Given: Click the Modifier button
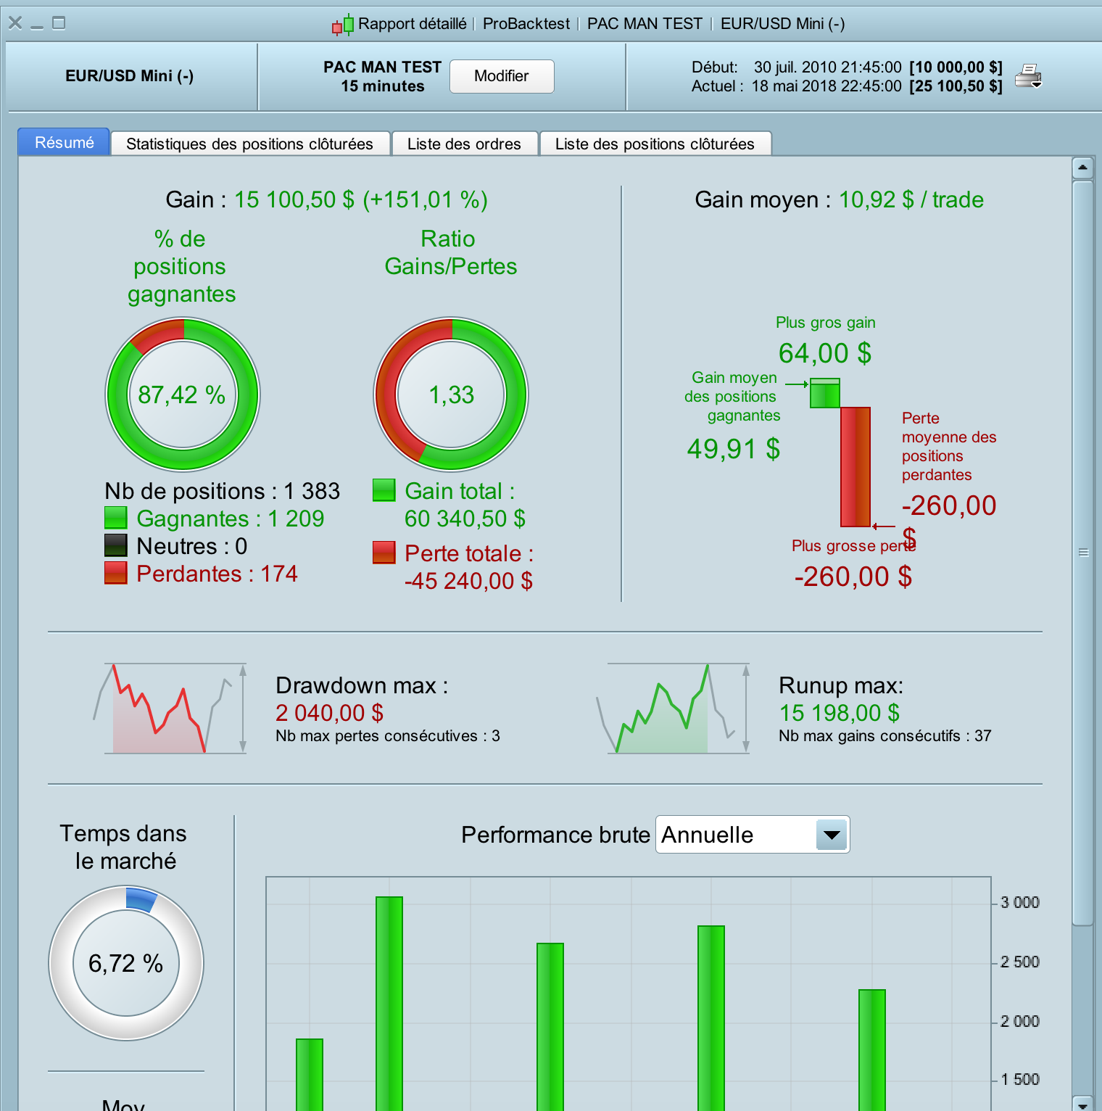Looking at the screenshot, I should [x=502, y=76].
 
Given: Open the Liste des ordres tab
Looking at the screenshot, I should [x=464, y=144].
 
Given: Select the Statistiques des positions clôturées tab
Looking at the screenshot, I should [x=249, y=144].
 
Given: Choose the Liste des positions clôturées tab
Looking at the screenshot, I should [x=655, y=144].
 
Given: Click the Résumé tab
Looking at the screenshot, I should [x=64, y=142].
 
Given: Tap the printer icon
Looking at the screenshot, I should [x=1028, y=75].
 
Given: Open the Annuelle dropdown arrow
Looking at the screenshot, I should [x=832, y=835].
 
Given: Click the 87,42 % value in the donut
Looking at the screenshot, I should [x=182, y=395].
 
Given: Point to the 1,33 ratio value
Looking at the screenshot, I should [x=451, y=395].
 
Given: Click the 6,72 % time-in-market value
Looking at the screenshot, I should [x=125, y=963].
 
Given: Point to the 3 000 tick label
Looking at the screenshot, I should [x=1019, y=902].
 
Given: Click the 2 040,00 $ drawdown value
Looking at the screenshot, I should [x=329, y=713].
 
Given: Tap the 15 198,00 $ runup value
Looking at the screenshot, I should [x=839, y=713].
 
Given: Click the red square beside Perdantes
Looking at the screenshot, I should [x=116, y=573].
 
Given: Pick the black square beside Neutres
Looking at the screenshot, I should [x=116, y=545].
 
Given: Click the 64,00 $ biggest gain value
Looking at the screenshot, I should [x=824, y=353].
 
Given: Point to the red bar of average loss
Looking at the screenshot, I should [x=855, y=466].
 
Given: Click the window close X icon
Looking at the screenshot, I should [x=15, y=23].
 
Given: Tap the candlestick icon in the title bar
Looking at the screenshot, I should [x=343, y=25].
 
